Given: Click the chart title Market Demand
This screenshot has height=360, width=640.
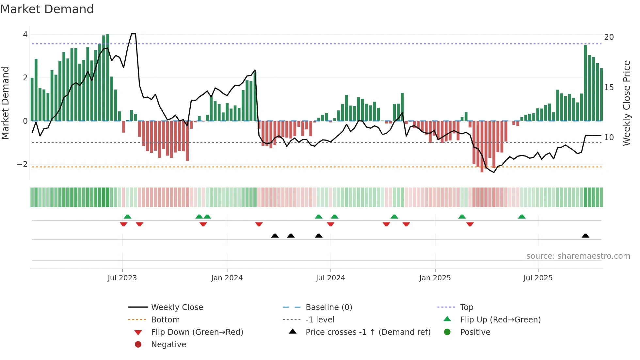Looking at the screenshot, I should click(x=47, y=9).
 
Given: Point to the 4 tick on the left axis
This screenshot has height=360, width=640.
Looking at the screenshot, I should click(x=25, y=35).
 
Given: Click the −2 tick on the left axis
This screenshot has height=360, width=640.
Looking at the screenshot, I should click(x=23, y=164).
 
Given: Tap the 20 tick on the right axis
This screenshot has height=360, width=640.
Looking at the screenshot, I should click(x=609, y=37).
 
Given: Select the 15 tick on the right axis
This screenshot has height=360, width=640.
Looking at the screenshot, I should click(x=609, y=88).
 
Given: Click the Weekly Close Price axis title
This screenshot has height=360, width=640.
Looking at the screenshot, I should click(x=626, y=103).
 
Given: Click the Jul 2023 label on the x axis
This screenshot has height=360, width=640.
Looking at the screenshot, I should click(x=122, y=278).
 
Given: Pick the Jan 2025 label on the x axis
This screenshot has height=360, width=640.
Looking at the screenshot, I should click(x=435, y=278).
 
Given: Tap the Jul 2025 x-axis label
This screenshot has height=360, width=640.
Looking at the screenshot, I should click(x=538, y=278).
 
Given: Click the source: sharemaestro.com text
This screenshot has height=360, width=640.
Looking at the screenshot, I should click(x=578, y=256).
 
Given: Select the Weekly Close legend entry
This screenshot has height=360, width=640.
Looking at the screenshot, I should click(x=177, y=307).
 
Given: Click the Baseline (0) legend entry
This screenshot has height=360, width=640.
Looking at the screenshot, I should click(x=328, y=307).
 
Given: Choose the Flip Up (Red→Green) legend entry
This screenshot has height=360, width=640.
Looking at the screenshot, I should click(x=500, y=320).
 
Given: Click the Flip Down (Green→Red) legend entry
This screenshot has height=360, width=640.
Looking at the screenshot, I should click(x=197, y=332).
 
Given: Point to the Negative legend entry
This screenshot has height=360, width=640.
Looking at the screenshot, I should click(x=168, y=345).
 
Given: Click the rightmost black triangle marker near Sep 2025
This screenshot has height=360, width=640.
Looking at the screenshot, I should click(x=585, y=236).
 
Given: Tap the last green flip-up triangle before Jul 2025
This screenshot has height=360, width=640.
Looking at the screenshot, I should click(x=522, y=217).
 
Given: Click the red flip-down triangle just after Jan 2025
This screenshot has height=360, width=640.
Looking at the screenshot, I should click(x=470, y=224).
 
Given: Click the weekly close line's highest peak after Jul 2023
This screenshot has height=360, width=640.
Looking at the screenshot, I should click(x=133, y=34).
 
